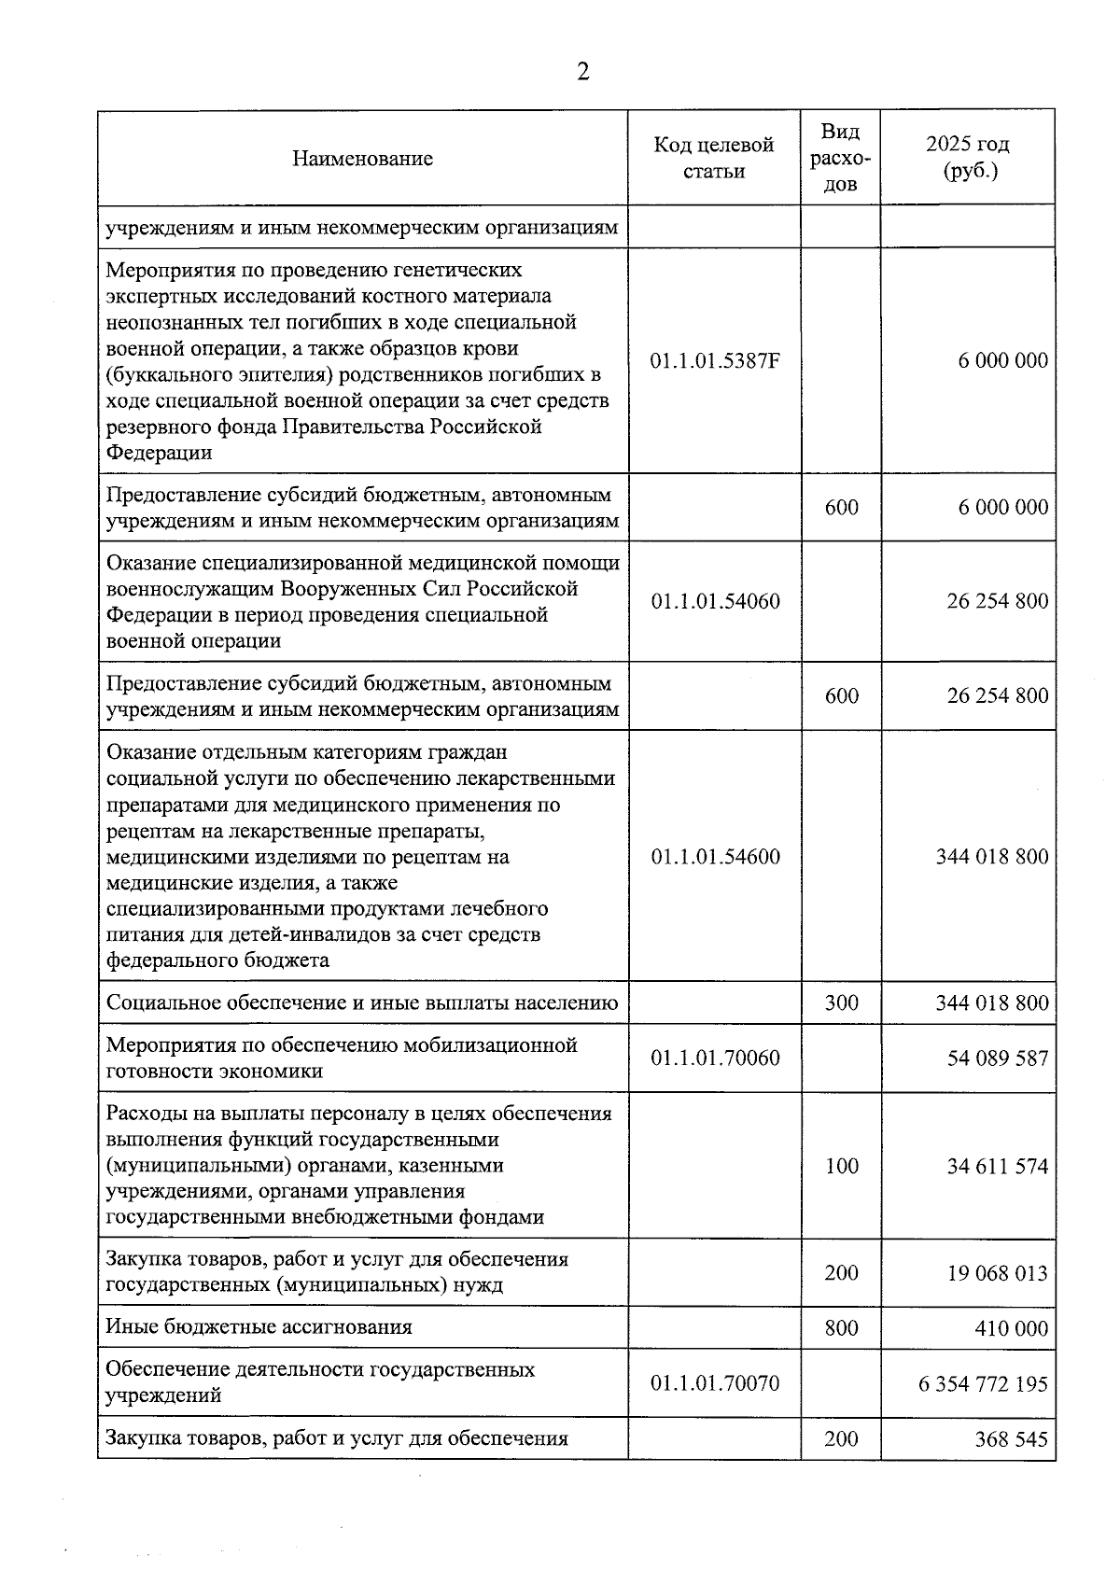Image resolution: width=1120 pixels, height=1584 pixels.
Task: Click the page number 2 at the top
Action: (x=583, y=72)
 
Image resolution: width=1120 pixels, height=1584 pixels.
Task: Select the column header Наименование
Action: (x=362, y=158)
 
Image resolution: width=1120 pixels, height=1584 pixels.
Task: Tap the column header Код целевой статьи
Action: (x=714, y=158)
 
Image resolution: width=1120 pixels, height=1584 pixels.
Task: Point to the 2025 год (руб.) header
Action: (x=968, y=158)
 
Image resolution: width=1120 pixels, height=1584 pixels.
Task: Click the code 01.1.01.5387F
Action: (x=715, y=361)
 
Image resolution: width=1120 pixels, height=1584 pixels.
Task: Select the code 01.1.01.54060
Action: (x=715, y=601)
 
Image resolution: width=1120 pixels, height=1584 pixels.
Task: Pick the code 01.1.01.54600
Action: (x=715, y=857)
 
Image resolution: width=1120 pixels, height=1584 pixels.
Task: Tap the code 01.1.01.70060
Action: (x=715, y=1058)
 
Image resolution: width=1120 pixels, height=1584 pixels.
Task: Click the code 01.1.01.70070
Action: (x=715, y=1383)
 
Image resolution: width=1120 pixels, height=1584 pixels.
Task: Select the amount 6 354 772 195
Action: (x=984, y=1383)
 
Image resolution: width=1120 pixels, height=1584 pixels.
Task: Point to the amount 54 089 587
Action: (x=997, y=1058)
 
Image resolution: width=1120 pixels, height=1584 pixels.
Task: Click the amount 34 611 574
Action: (x=997, y=1167)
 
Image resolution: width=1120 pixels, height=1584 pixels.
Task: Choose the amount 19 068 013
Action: (x=997, y=1273)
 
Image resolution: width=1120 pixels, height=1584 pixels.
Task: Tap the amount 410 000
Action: (x=1011, y=1328)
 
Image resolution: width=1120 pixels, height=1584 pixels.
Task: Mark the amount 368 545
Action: (x=1011, y=1439)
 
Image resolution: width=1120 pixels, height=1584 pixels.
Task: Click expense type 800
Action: (x=841, y=1327)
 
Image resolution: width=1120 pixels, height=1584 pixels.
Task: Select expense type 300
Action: (x=841, y=1003)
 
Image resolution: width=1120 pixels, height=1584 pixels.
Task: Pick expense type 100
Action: (x=841, y=1166)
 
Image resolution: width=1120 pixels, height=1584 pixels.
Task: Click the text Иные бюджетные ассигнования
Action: (x=259, y=1327)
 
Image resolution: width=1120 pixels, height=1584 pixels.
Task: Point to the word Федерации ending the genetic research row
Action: (x=159, y=454)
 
